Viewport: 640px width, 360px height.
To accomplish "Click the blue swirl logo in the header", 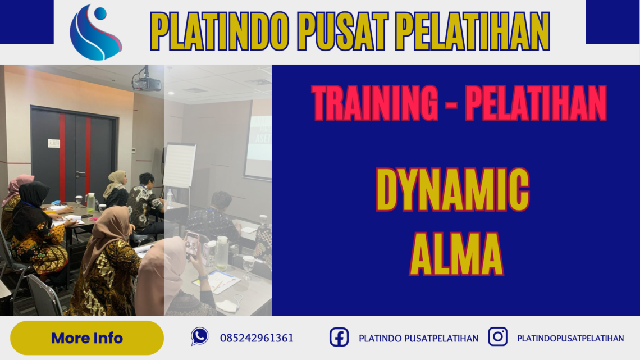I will (95, 32).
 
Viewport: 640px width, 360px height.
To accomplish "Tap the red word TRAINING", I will (375, 103).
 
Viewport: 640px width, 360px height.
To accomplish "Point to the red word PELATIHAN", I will (536, 103).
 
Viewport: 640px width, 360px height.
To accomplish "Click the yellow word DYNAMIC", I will (452, 190).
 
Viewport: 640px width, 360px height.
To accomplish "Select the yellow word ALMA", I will (456, 254).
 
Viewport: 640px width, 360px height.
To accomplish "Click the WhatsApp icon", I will (199, 336).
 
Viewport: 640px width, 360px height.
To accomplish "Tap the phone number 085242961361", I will (257, 338).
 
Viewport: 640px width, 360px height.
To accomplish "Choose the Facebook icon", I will (339, 337).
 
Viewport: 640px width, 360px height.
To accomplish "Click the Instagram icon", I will (497, 337).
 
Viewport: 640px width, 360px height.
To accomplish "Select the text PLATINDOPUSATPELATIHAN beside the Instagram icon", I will (570, 338).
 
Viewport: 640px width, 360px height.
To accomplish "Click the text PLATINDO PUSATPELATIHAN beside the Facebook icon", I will (418, 338).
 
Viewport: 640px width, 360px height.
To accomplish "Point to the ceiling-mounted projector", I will (147, 83).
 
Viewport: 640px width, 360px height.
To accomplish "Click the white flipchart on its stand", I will (179, 166).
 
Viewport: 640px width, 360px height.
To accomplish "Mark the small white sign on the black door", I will (54, 143).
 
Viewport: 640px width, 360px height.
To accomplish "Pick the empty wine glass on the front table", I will (248, 265).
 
